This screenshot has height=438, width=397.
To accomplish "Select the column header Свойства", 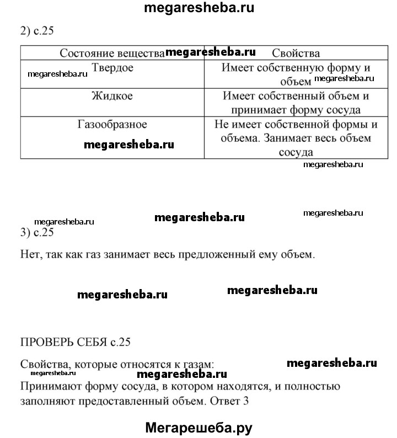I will point(296,54).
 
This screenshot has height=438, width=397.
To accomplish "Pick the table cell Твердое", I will point(112,68).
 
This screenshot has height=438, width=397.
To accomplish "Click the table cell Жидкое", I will point(112,96).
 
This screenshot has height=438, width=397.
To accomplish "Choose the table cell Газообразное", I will point(112,124).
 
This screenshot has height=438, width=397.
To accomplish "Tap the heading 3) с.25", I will point(36,232).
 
